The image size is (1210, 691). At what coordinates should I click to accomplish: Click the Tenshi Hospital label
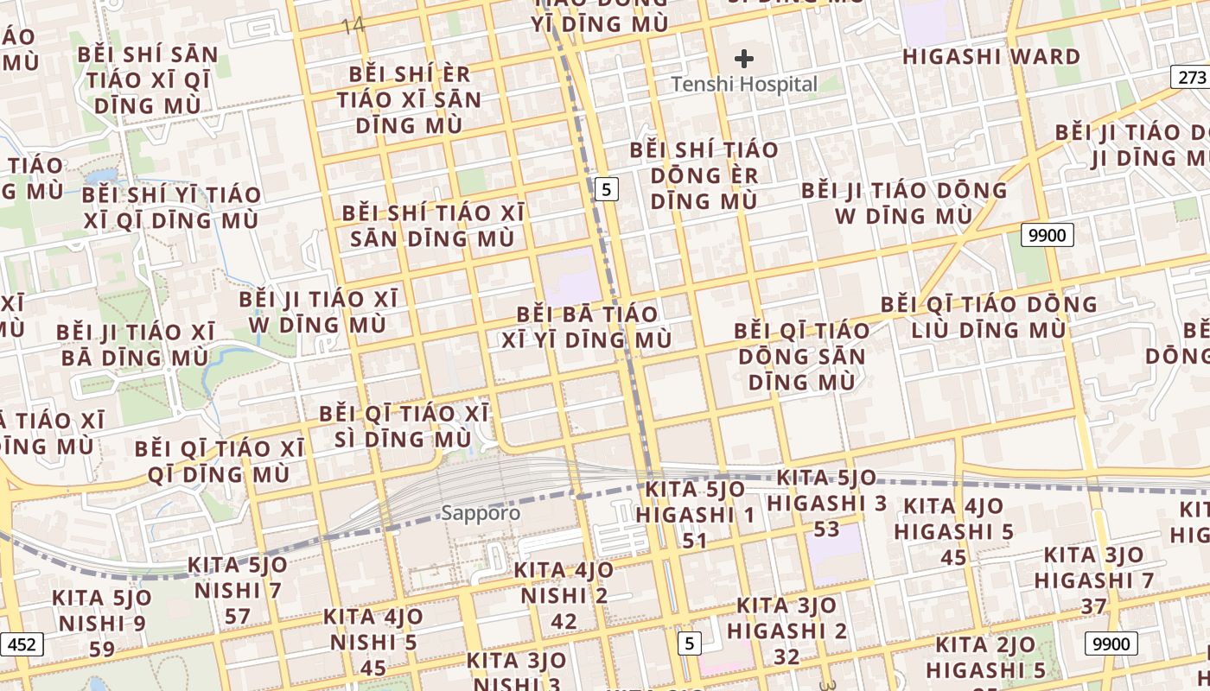(x=744, y=85)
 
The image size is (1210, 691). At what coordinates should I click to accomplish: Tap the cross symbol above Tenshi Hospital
(x=744, y=59)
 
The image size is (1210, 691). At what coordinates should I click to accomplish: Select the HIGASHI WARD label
(x=991, y=57)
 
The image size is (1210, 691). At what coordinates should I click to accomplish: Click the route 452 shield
(x=21, y=644)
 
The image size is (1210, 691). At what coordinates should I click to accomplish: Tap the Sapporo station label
(x=481, y=513)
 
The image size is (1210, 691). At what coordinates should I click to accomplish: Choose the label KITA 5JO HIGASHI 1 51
(x=695, y=516)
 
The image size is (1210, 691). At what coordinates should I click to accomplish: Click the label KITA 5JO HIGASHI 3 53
(x=826, y=503)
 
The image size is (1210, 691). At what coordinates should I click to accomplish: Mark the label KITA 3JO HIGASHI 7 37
(x=1093, y=580)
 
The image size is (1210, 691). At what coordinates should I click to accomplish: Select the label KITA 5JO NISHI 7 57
(x=238, y=591)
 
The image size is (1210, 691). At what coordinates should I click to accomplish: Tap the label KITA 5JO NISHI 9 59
(x=101, y=623)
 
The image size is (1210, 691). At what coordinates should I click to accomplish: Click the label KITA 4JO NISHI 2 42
(x=564, y=595)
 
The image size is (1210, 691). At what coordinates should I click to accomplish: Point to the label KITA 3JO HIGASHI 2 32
(x=786, y=631)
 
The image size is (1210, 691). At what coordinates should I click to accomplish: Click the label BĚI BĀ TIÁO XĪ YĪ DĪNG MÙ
(x=587, y=326)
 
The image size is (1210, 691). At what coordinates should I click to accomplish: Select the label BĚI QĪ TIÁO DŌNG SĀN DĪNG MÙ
(x=802, y=356)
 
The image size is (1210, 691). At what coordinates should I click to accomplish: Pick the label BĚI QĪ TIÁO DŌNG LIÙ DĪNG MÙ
(x=989, y=317)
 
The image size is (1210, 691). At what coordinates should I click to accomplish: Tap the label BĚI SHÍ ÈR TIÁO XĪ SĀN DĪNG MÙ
(x=410, y=99)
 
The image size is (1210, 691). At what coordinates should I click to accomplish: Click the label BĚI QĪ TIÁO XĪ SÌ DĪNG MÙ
(x=404, y=426)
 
